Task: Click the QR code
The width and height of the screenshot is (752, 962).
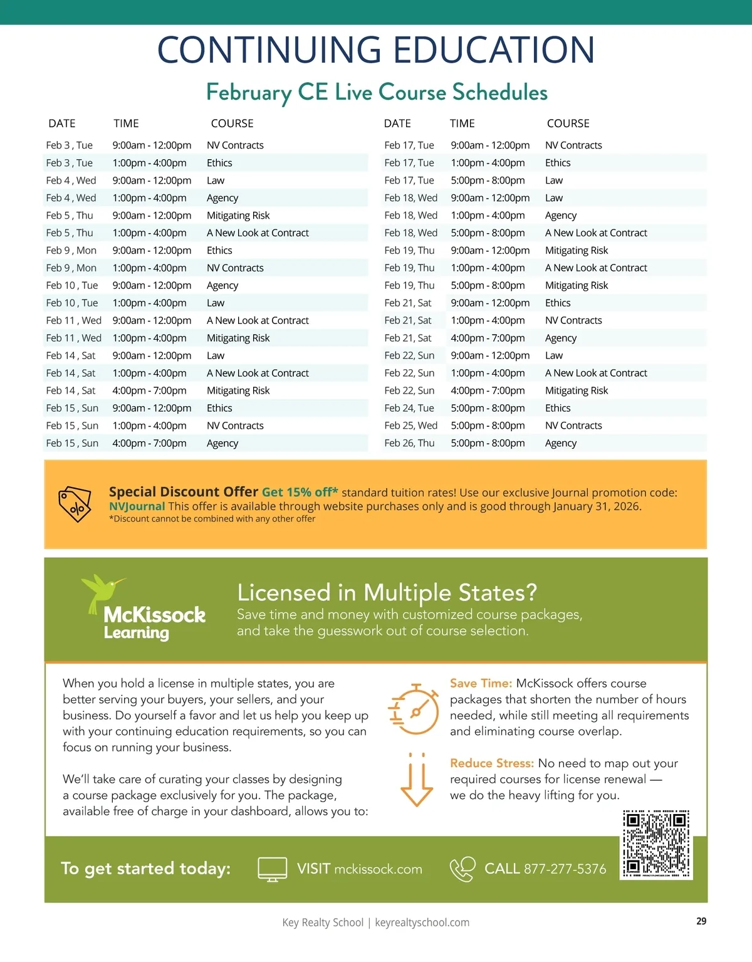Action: [656, 844]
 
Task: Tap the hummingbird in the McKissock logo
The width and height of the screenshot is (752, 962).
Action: [102, 591]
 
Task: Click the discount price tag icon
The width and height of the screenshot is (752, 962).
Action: [75, 505]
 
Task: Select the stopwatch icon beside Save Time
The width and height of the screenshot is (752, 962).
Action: [414, 709]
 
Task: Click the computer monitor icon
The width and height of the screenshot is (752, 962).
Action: [273, 869]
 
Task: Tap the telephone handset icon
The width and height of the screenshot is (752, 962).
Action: [462, 869]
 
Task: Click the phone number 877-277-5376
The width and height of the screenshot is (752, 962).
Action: [565, 869]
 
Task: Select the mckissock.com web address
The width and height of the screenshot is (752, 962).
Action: [378, 869]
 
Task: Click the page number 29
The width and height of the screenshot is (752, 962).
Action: [701, 921]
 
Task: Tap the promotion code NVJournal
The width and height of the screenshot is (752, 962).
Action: [137, 506]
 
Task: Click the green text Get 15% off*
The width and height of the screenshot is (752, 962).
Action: [300, 493]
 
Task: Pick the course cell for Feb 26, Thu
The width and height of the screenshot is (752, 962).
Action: [561, 443]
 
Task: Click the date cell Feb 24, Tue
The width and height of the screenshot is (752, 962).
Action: [409, 408]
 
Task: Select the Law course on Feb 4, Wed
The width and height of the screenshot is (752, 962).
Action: [216, 180]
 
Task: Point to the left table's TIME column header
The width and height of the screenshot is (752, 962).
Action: [126, 123]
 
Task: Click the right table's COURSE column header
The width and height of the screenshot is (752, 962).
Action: [568, 123]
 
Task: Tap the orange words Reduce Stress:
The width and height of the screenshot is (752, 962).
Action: [491, 763]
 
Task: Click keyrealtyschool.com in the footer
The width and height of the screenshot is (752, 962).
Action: [422, 923]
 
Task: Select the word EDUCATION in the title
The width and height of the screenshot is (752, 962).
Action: [494, 50]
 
